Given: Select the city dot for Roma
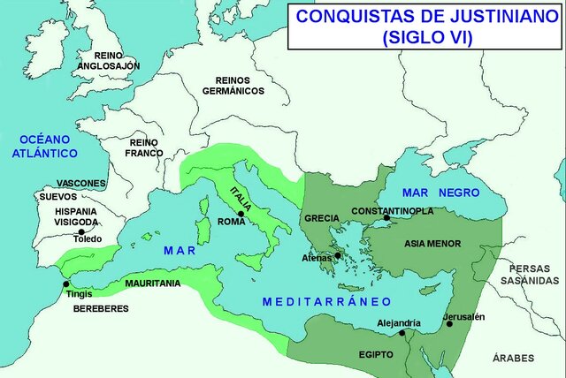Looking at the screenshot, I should pos(240,214).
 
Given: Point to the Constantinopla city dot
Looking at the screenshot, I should pos(386,217).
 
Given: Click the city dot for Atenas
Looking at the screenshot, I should pos(337,255).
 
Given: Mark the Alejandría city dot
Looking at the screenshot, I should pos(402,333).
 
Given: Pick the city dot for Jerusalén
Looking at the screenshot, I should pos(449,324).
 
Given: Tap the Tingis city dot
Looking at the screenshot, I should pos(63,283).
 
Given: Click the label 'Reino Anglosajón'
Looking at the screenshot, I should pos(108,60).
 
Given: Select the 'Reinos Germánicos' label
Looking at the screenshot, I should pos(233,85).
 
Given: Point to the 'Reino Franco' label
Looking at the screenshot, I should pos(143,147).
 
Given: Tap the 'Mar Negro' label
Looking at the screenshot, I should pos(440,193).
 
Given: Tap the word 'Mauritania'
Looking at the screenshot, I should pos(152,283).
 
